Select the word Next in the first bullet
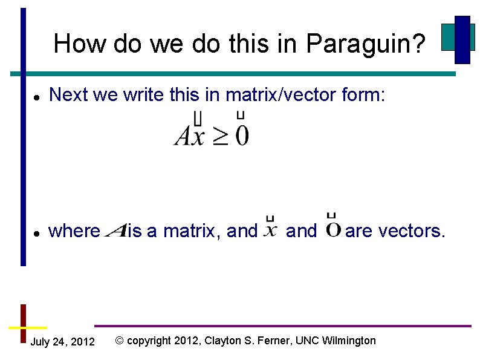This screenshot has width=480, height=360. (x=68, y=94)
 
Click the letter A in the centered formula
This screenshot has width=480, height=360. (x=184, y=136)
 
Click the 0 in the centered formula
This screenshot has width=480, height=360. (x=242, y=136)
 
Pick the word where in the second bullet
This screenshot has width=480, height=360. (x=74, y=231)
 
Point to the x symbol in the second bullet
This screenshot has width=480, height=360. (x=271, y=231)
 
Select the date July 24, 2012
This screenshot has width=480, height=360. (x=62, y=342)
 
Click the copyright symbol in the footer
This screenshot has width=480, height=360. (x=119, y=341)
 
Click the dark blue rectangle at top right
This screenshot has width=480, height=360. (x=462, y=39)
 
